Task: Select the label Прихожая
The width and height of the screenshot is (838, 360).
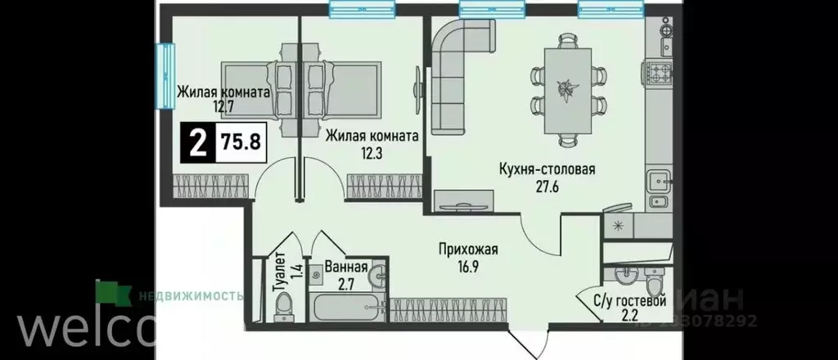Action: (467, 250)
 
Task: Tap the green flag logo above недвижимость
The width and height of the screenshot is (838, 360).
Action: (108, 291)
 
